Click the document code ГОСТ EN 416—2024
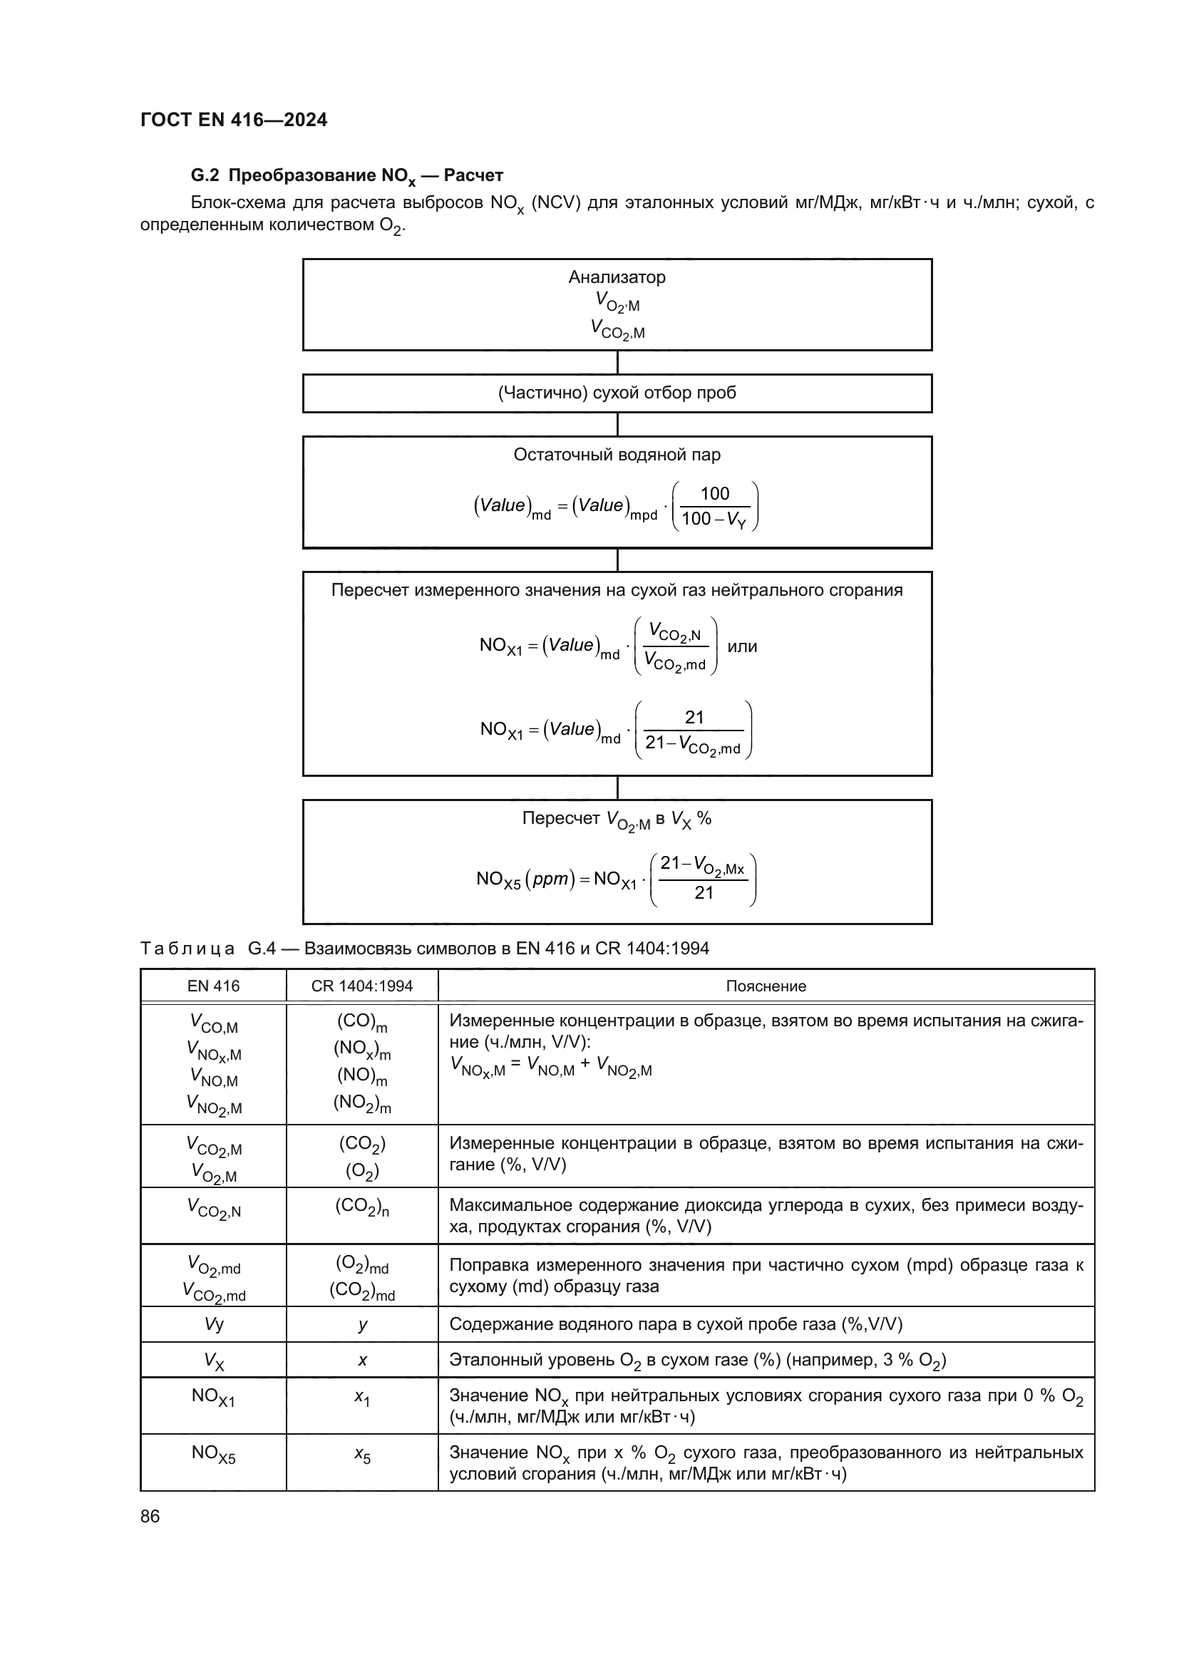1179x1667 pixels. point(234,120)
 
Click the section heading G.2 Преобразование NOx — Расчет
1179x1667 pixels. point(347,176)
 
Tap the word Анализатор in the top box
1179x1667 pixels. point(617,277)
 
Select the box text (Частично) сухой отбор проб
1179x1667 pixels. point(617,393)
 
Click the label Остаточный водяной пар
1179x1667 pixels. point(617,455)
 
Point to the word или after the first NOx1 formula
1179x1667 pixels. point(742,646)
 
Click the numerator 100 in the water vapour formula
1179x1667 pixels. point(714,494)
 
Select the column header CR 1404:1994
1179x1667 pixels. point(361,986)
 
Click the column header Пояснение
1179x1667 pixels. point(766,986)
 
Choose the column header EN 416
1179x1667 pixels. point(213,986)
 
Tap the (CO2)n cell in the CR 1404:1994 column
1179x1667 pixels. point(361,1207)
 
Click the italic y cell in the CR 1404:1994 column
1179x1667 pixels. point(362,1324)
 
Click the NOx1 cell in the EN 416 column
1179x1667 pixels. point(213,1395)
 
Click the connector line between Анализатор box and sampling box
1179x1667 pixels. point(617,362)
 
